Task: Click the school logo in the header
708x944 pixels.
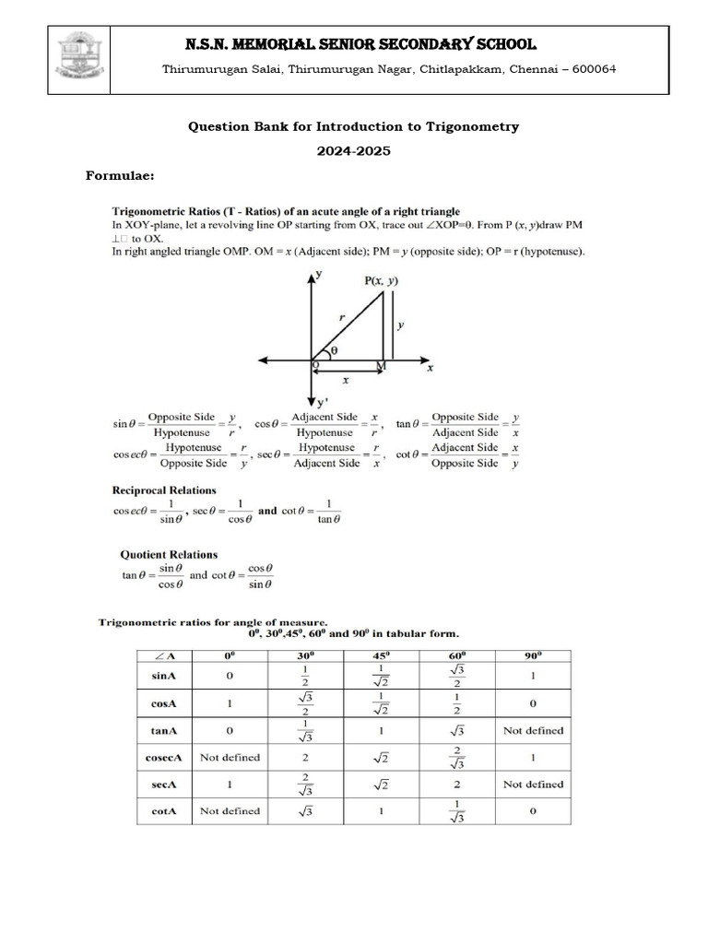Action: pyautogui.click(x=80, y=59)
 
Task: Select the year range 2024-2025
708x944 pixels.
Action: pyautogui.click(x=354, y=151)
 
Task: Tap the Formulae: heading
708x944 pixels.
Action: pyautogui.click(x=120, y=175)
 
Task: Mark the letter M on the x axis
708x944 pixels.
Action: pyautogui.click(x=382, y=366)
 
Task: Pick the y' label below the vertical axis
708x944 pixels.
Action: pyautogui.click(x=322, y=402)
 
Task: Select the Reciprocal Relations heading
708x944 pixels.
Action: pyautogui.click(x=164, y=490)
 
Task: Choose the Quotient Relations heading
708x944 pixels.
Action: pyautogui.click(x=169, y=555)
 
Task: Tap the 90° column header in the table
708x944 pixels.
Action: pyautogui.click(x=533, y=656)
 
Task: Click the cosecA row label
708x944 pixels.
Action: pyautogui.click(x=165, y=757)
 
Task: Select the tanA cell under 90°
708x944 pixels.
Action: pyautogui.click(x=533, y=730)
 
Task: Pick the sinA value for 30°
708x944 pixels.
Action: pyautogui.click(x=303, y=677)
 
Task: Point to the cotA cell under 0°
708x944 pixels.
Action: pyautogui.click(x=230, y=811)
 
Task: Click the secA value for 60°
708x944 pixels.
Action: pyautogui.click(x=456, y=785)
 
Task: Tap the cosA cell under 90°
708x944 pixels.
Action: pyautogui.click(x=533, y=703)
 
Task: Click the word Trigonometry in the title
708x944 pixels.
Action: pyautogui.click(x=471, y=126)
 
